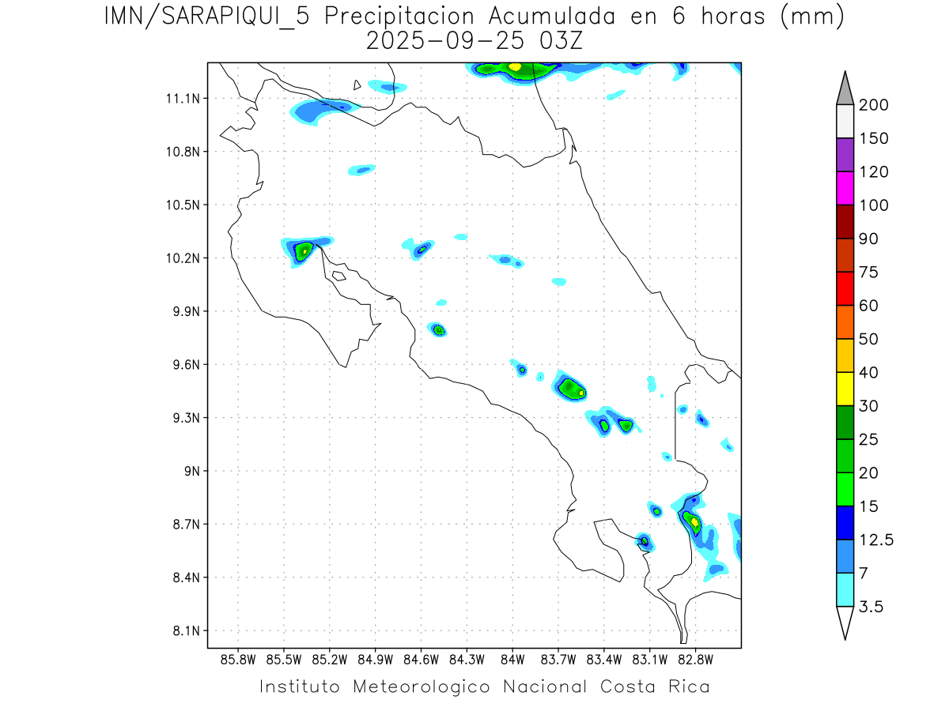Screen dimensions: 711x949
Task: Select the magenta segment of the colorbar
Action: point(845,188)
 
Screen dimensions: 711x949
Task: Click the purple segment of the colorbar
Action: point(845,155)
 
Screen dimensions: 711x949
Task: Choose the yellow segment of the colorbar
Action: point(845,388)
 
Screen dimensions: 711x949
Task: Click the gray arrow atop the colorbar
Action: point(845,88)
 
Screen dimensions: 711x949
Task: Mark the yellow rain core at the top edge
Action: point(515,66)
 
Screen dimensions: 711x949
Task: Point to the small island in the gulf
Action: point(338,276)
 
